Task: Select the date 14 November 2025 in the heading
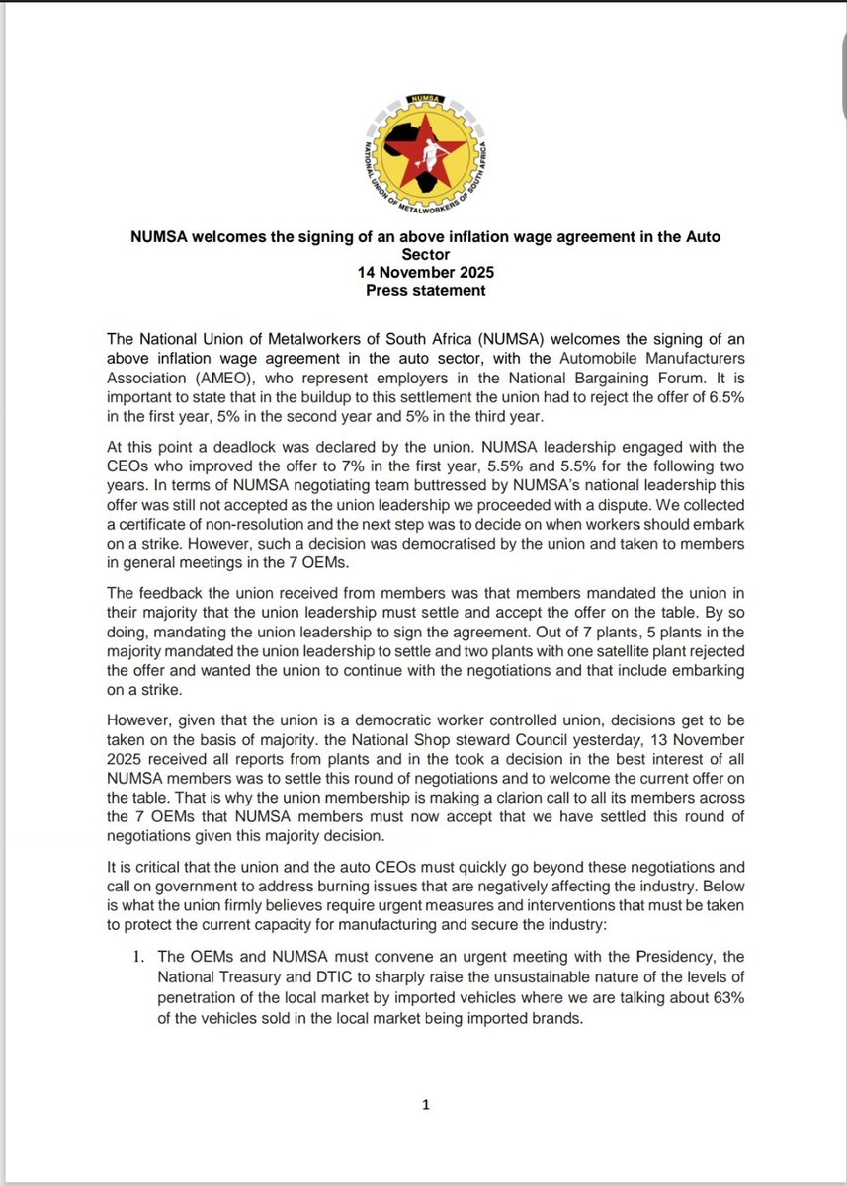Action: [424, 273]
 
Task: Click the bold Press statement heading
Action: [424, 291]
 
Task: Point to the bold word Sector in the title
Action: [424, 255]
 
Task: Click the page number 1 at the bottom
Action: [425, 1104]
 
